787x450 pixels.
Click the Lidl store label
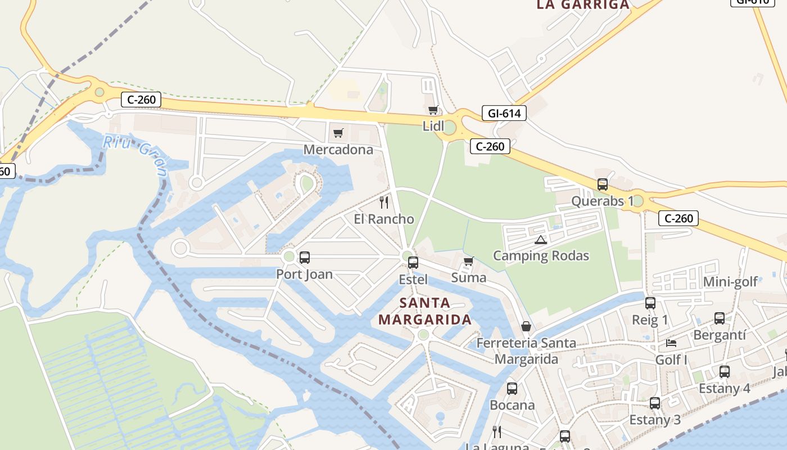(433, 126)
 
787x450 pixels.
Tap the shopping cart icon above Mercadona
(338, 133)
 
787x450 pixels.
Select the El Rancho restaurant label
(384, 219)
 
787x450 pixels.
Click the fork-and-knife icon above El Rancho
(384, 202)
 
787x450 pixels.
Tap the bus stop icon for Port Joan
(304, 258)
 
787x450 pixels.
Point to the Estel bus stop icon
(413, 262)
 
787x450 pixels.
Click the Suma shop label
(469, 277)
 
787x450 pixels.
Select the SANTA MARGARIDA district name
(425, 312)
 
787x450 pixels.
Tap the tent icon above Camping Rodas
(541, 240)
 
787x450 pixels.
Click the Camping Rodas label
(541, 256)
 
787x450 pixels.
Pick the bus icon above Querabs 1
(603, 184)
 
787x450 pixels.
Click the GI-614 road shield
(504, 114)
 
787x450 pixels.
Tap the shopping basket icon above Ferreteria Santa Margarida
(526, 326)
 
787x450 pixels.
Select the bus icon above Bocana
(512, 389)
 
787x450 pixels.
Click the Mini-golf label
(730, 282)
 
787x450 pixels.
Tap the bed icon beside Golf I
(671, 343)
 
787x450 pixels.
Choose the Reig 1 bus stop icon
(650, 303)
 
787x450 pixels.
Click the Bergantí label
(720, 335)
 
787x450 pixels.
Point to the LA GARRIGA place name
(583, 4)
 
